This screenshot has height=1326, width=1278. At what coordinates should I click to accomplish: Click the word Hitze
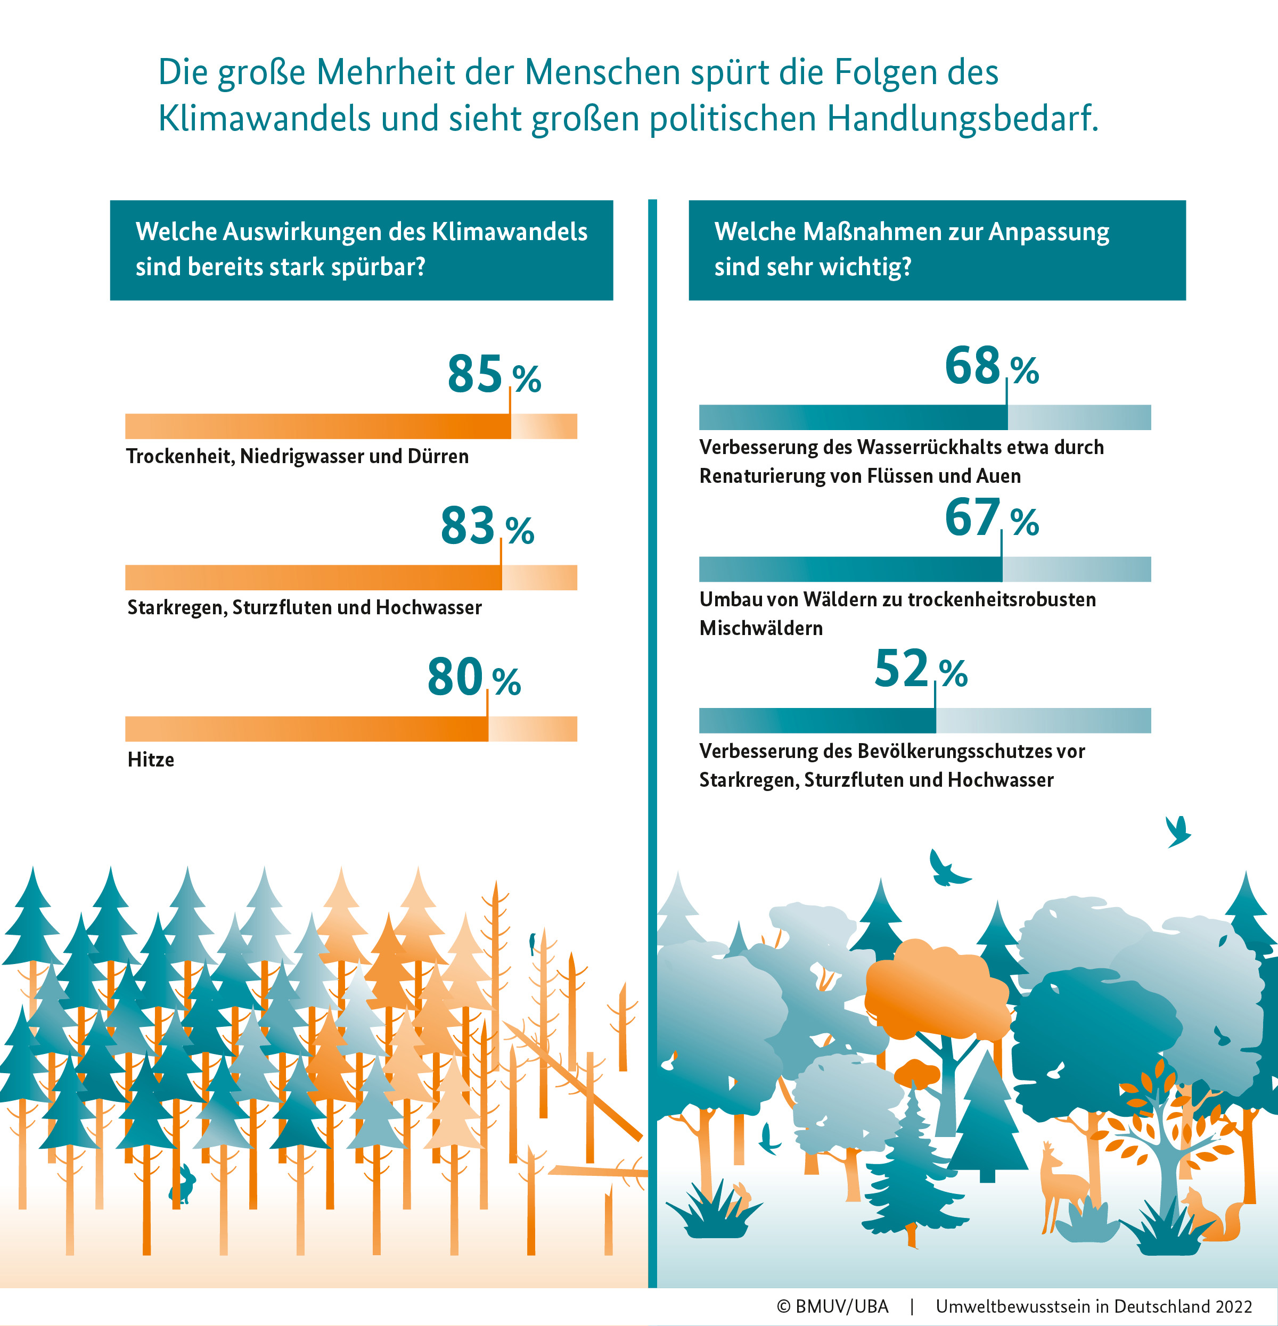pyautogui.click(x=150, y=760)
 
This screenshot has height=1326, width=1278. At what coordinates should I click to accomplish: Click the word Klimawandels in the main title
pyautogui.click(x=264, y=118)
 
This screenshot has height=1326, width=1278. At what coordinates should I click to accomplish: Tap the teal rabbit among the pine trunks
pyautogui.click(x=183, y=1183)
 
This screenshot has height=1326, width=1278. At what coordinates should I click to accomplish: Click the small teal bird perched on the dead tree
pyautogui.click(x=532, y=942)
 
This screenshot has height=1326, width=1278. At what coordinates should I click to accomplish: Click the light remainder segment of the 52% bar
pyautogui.click(x=1043, y=721)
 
